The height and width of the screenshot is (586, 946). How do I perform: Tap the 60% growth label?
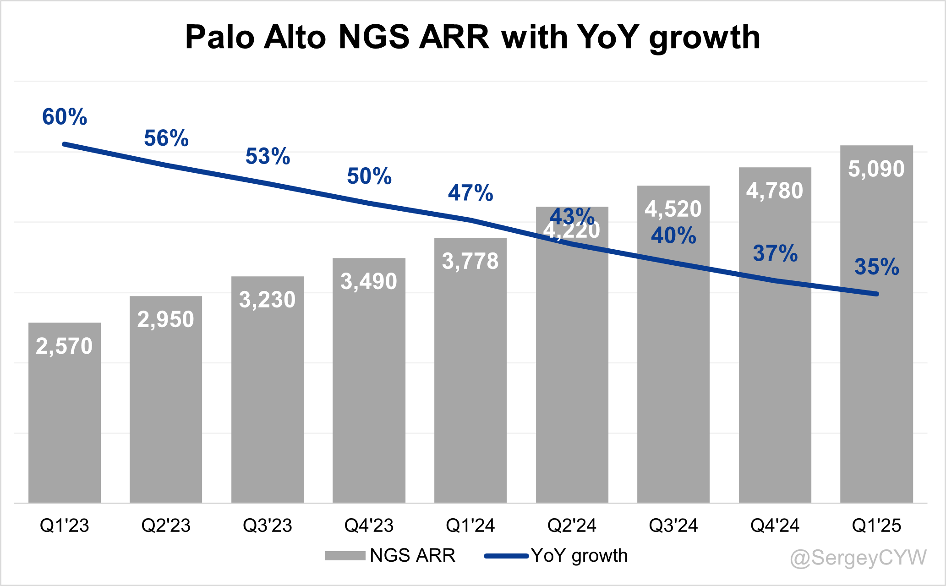(65, 117)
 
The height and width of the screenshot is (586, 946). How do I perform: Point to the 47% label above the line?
(470, 193)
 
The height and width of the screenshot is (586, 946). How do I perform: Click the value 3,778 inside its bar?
(470, 261)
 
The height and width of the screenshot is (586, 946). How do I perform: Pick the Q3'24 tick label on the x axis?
(673, 525)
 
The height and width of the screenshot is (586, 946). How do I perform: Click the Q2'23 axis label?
(166, 525)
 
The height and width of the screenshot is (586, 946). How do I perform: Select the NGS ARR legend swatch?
(344, 556)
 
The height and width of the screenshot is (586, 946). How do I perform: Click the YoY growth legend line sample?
(506, 556)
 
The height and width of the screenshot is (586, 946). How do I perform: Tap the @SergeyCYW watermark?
(858, 558)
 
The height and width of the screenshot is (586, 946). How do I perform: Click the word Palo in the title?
(219, 37)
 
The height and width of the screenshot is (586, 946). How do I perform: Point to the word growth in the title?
(705, 37)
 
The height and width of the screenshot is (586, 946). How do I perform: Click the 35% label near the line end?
(877, 267)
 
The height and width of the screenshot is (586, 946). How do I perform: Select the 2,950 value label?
(166, 319)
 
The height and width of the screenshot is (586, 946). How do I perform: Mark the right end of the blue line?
(876, 294)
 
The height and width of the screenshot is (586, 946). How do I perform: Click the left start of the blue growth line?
(65, 144)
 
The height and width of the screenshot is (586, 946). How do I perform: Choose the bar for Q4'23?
(369, 389)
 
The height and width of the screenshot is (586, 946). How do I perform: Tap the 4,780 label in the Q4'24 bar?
(775, 191)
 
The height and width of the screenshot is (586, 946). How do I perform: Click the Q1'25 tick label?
(876, 525)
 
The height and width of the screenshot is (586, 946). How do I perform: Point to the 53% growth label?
(268, 156)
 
